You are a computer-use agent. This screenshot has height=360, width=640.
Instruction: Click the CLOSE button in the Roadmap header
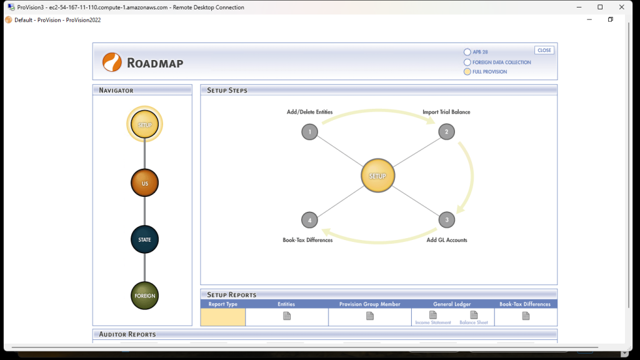pos(544,50)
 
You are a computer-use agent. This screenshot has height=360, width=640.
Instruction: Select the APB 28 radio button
pos(467,52)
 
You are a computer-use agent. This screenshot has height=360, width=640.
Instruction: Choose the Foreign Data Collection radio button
pos(467,62)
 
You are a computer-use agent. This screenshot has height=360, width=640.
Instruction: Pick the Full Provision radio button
pos(467,72)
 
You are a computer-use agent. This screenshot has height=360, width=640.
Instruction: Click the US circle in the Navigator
pos(144,183)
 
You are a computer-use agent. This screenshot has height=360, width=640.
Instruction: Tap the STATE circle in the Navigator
pos(144,239)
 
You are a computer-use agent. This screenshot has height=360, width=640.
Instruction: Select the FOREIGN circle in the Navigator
pos(144,295)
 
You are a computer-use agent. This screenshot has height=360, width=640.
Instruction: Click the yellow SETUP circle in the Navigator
pos(144,124)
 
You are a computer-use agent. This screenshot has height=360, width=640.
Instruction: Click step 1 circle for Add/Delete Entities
pos(309,132)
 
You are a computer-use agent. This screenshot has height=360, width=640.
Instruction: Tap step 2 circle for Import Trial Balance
pos(446,132)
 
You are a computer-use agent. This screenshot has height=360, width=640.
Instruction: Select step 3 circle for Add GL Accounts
pos(446,220)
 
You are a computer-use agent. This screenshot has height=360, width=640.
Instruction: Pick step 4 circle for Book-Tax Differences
pos(309,220)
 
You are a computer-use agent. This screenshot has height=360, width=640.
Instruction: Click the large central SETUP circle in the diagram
pos(378,176)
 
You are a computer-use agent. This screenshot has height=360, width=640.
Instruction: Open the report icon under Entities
pos(287,316)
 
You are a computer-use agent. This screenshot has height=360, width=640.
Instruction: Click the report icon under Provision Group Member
pos(370,316)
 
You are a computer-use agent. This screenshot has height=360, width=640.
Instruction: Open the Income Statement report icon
pos(432,316)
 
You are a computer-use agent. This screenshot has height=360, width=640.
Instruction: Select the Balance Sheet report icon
pos(474,316)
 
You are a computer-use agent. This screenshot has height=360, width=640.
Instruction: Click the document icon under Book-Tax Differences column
pos(526,316)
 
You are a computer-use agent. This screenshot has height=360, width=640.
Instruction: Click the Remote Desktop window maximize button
pos(600,7)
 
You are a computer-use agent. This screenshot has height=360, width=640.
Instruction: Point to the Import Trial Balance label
pos(446,112)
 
